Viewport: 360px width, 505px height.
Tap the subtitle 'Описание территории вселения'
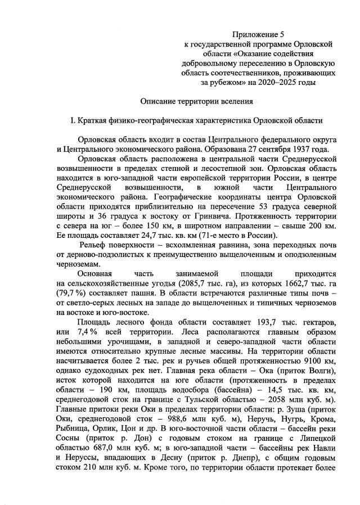[197, 102]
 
